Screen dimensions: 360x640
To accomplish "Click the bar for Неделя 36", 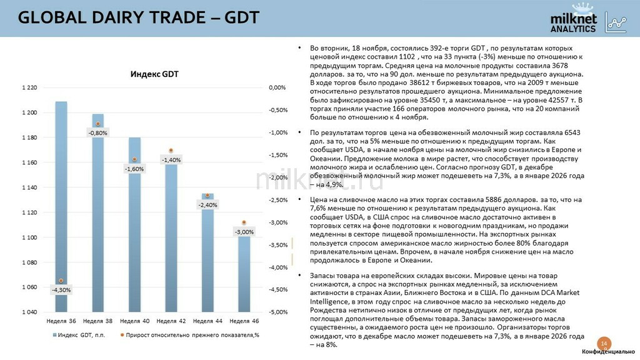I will [x=61, y=206].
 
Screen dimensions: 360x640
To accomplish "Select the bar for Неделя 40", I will [x=135, y=224].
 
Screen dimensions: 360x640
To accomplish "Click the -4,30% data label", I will [x=61, y=290].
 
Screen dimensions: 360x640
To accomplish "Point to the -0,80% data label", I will [x=97, y=132].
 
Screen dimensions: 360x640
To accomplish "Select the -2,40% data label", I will [x=207, y=205].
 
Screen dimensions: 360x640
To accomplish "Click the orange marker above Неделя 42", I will [x=171, y=151].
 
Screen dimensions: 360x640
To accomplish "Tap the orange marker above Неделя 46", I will [x=244, y=222].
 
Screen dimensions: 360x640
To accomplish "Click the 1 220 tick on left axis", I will [x=29, y=88].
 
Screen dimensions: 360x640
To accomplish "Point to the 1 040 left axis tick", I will [x=29, y=312].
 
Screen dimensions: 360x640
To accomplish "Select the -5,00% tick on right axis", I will [x=277, y=312].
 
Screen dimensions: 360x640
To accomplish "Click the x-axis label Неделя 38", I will [x=97, y=321].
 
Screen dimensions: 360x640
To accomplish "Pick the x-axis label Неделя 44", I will [x=207, y=321].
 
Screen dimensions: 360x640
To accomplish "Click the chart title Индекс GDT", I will [x=154, y=74].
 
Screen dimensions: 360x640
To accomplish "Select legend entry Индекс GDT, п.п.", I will [x=79, y=335].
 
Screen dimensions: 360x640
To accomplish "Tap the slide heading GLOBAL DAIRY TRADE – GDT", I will [x=139, y=17].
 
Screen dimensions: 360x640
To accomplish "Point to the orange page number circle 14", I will [x=604, y=344].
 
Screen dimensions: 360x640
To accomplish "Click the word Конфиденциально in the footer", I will [x=608, y=353].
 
